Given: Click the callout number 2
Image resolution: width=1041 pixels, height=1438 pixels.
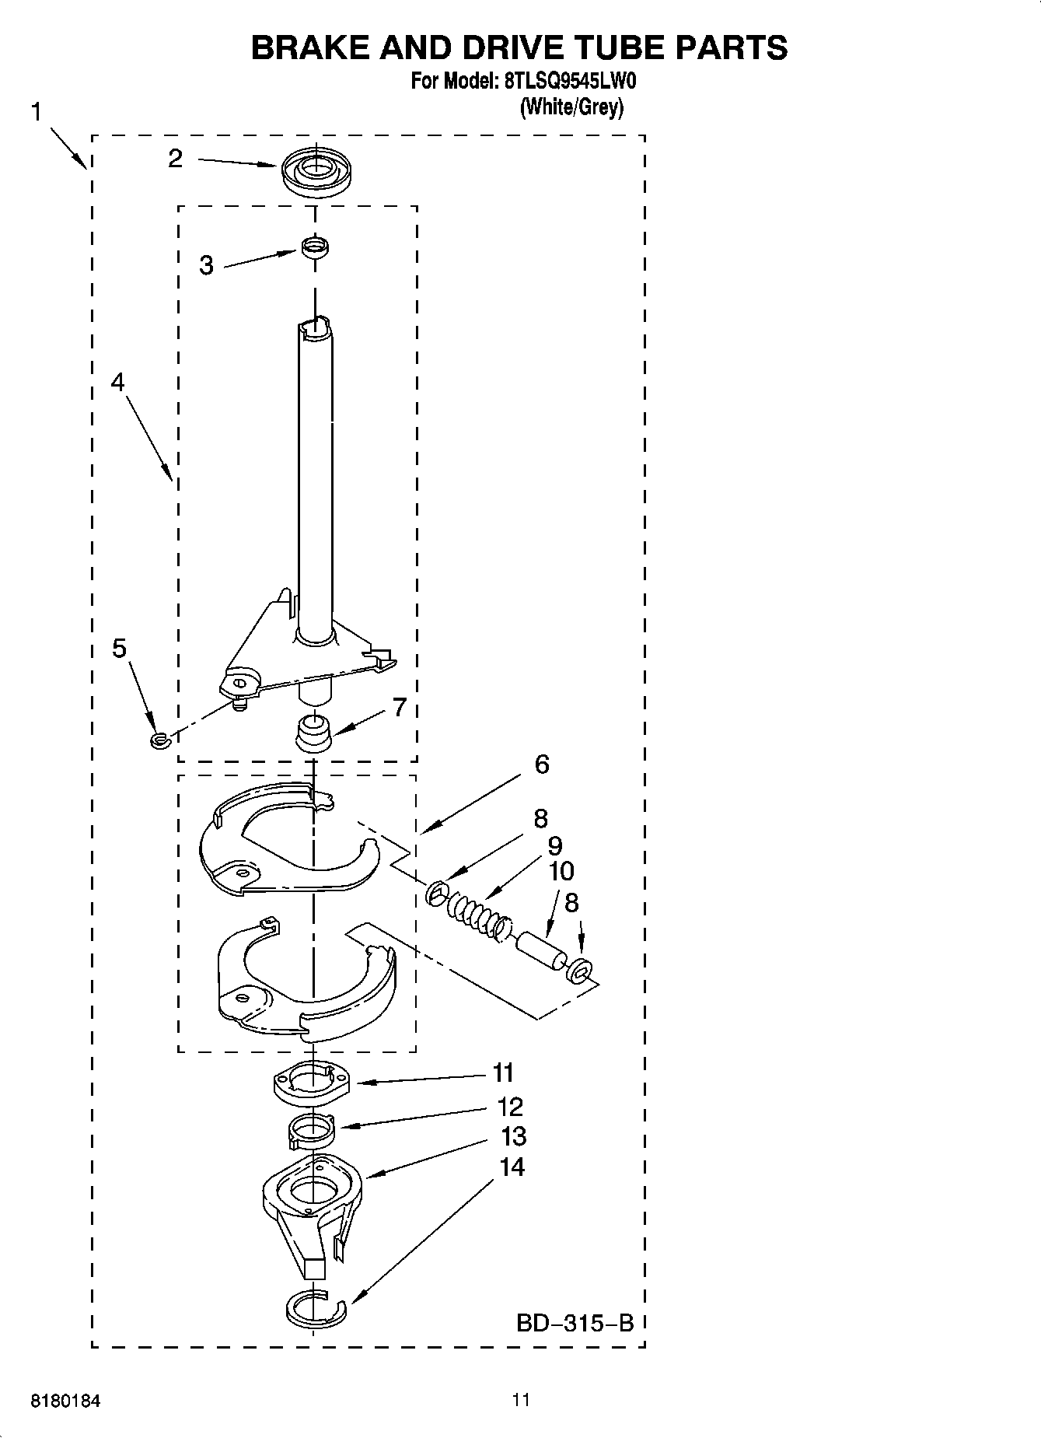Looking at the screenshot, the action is click(176, 159).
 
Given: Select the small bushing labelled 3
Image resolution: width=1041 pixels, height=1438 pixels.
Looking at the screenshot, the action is click(314, 248).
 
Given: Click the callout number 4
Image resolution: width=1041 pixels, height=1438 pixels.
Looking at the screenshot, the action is click(117, 382).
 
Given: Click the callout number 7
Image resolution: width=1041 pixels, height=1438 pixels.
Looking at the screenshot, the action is click(400, 707).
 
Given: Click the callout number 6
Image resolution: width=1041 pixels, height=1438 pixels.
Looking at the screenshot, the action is click(542, 764).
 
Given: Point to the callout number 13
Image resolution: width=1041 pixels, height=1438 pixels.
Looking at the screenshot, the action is click(514, 1136).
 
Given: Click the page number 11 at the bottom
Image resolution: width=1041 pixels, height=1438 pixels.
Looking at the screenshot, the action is click(521, 1400).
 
